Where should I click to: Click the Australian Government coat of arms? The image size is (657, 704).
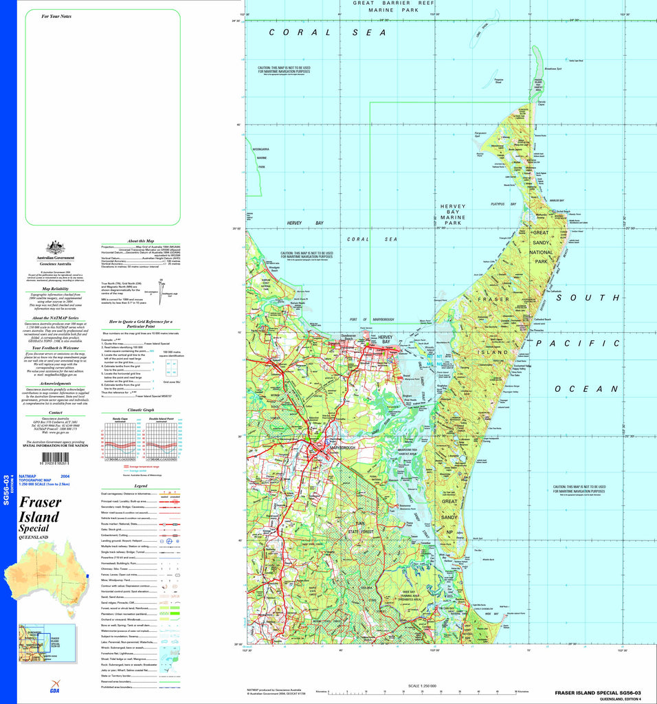point(55,247)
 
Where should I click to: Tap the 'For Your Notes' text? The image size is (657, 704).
point(56,16)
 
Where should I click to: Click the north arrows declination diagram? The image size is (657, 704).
point(161,287)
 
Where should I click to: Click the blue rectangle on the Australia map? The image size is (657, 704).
point(88,575)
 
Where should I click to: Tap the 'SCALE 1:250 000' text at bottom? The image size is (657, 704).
point(423,686)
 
